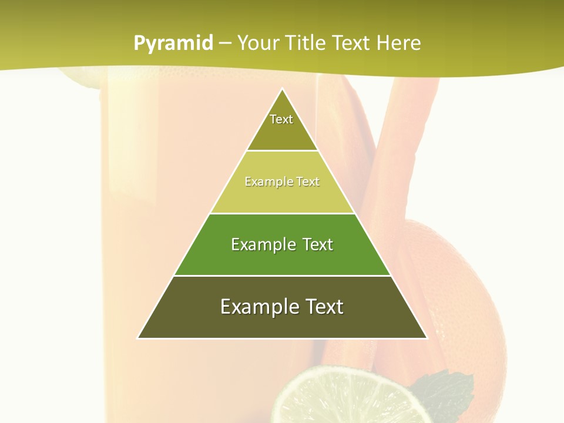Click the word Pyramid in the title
click(173, 43)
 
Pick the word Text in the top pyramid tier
click(281, 119)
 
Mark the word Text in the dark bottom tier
click(324, 307)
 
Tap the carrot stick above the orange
click(399, 147)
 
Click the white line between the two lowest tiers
click(282, 276)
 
